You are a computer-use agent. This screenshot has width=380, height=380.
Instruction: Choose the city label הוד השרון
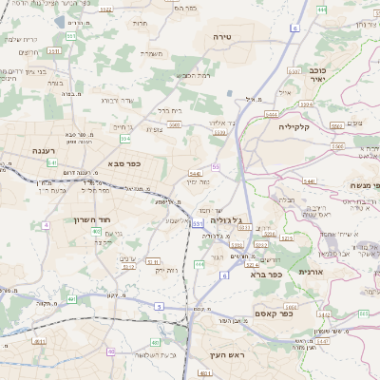[x=92, y=219]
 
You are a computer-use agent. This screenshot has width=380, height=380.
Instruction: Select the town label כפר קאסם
[x=273, y=313]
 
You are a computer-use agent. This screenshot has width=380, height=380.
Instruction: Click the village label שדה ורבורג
[x=121, y=99]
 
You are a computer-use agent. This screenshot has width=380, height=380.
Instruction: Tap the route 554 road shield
[x=124, y=139]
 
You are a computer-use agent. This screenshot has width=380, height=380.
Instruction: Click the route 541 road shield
[x=52, y=162]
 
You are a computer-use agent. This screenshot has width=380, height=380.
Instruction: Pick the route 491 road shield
[x=71, y=299]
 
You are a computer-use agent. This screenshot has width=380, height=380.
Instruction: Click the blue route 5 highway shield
[x=160, y=306]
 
